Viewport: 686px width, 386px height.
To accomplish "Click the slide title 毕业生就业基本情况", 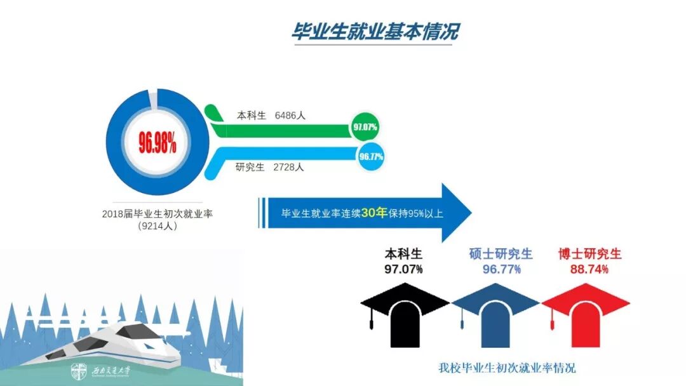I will tap(374, 32).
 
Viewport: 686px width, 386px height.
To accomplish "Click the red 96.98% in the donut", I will tap(157, 144).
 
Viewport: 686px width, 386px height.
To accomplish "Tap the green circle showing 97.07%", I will tap(365, 127).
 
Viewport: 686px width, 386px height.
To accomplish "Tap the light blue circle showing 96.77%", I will tap(371, 156).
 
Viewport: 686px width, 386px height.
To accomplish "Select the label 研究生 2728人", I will tap(270, 168).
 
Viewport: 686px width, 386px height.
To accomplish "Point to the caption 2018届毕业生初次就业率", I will tap(157, 214).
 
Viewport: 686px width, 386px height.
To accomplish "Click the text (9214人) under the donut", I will tap(157, 226).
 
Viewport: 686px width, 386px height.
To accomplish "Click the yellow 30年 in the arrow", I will tap(374, 213).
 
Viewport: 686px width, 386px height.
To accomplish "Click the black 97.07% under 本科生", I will tap(403, 269).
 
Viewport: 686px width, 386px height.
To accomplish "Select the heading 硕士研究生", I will tap(501, 255).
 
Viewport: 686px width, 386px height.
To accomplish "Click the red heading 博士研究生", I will tap(589, 255).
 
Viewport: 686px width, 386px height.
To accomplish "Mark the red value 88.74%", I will tap(589, 269).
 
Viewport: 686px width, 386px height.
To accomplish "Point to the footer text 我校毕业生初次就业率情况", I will tap(507, 368).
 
